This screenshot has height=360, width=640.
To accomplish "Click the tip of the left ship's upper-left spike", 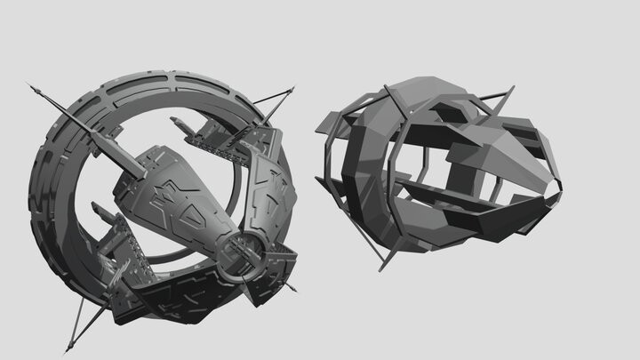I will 29,85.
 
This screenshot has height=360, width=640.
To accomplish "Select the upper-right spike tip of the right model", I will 514,86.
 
